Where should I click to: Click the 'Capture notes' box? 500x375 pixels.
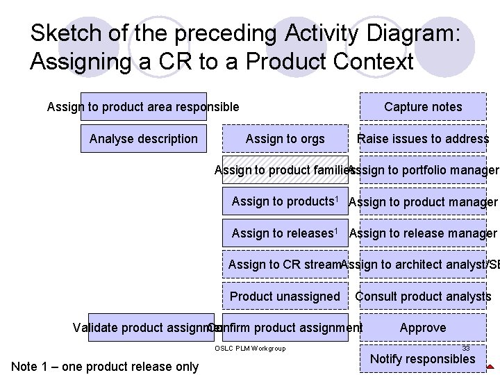click(x=422, y=107)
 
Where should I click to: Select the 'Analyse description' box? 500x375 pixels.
click(x=143, y=139)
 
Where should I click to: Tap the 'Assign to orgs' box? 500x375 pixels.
click(x=285, y=139)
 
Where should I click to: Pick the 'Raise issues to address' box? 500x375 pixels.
click(x=422, y=139)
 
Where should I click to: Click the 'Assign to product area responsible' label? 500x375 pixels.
click(x=143, y=107)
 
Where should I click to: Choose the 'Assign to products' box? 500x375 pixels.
click(x=285, y=201)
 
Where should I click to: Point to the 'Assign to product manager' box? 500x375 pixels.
click(x=422, y=202)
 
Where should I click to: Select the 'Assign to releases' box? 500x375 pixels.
click(x=285, y=233)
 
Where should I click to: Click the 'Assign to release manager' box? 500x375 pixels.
click(x=422, y=233)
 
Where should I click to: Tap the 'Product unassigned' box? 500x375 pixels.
click(x=285, y=297)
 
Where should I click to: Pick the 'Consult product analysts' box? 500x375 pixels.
click(x=422, y=297)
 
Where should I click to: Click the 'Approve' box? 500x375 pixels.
click(x=422, y=328)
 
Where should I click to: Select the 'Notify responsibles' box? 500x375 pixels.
click(x=422, y=359)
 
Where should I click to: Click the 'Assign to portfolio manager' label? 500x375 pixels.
click(x=424, y=170)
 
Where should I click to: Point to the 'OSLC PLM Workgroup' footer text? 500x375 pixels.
click(x=250, y=348)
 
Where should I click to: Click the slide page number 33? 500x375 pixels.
click(x=466, y=348)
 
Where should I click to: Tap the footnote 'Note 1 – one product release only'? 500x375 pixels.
click(x=105, y=366)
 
